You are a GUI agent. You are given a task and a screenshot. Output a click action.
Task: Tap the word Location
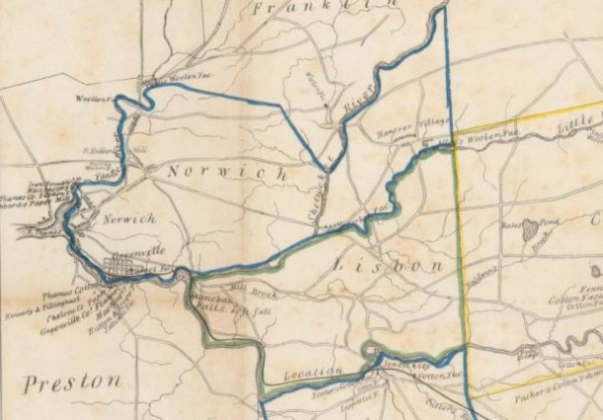click(x=311, y=373)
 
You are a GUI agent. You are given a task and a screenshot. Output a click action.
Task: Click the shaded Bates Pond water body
click(x=533, y=228)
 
